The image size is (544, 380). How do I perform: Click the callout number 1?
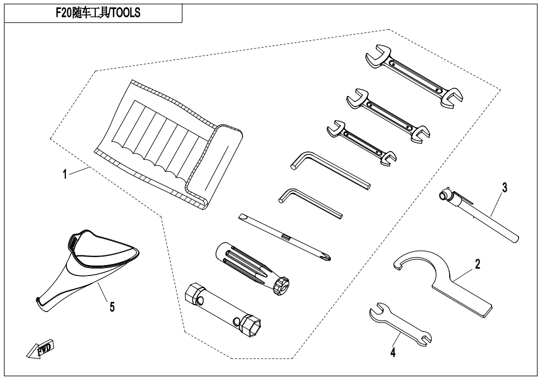(64, 174)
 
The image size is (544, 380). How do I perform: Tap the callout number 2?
(478, 264)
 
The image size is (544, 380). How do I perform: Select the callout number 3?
(505, 187)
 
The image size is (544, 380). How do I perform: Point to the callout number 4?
(393, 352)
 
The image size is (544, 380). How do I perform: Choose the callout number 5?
(112, 307)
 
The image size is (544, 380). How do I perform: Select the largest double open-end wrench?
(414, 75)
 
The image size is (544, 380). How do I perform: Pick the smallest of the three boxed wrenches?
(361, 143)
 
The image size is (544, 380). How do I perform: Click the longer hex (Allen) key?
(330, 170)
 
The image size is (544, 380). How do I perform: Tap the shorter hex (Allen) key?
(310, 203)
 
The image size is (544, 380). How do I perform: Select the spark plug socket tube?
(224, 310)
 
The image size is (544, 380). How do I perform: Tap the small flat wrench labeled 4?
(400, 324)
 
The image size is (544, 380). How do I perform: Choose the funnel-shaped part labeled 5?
(87, 267)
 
